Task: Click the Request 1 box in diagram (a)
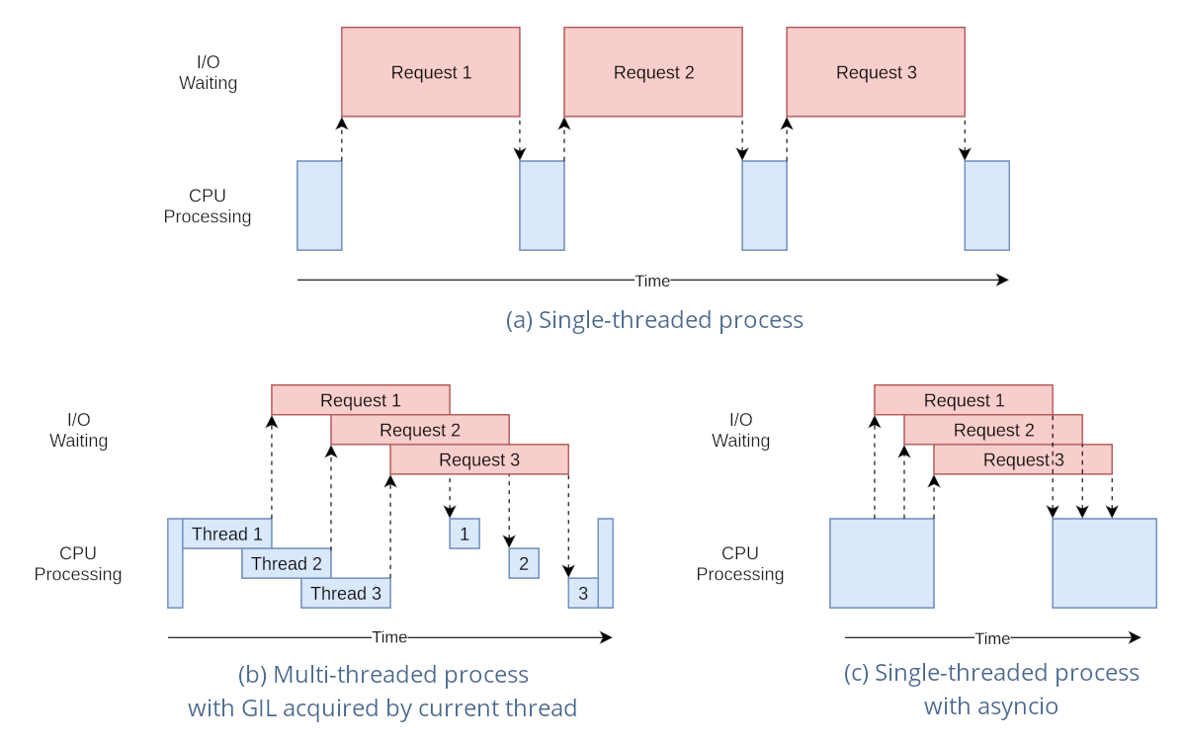pyautogui.click(x=431, y=72)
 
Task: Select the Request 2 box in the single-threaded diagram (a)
pyautogui.click(x=653, y=72)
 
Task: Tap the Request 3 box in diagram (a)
pyautogui.click(x=876, y=72)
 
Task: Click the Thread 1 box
pyautogui.click(x=226, y=534)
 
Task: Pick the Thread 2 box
pyautogui.click(x=286, y=563)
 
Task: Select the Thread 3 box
pyautogui.click(x=345, y=593)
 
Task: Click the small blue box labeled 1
pyautogui.click(x=465, y=534)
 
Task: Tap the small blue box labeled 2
pyautogui.click(x=524, y=563)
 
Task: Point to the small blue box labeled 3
pyautogui.click(x=583, y=593)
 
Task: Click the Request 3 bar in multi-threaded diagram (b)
pyautogui.click(x=479, y=459)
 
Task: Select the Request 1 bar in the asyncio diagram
pyautogui.click(x=964, y=400)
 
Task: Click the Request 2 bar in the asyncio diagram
pyautogui.click(x=993, y=430)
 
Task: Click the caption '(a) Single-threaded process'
pyautogui.click(x=654, y=320)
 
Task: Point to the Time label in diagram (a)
pyautogui.click(x=652, y=281)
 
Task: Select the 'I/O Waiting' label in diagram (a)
pyautogui.click(x=208, y=72)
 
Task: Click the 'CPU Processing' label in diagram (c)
pyautogui.click(x=740, y=563)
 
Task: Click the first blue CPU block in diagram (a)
pyautogui.click(x=319, y=206)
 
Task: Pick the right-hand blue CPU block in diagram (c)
pyautogui.click(x=1104, y=563)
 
